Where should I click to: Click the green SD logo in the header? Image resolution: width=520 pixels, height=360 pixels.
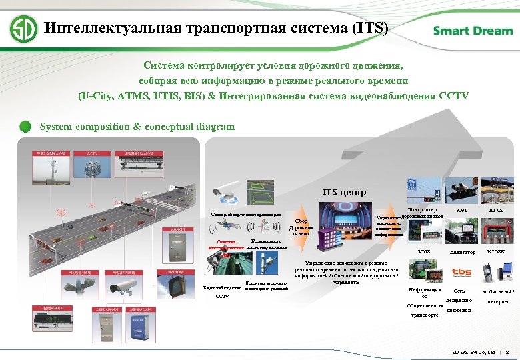pyautogui.click(x=24, y=29)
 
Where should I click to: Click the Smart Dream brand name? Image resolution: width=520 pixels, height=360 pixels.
pyautogui.click(x=473, y=31)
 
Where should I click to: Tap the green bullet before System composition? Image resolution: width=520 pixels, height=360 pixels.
pyautogui.click(x=25, y=126)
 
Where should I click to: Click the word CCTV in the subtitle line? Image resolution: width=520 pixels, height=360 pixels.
pyautogui.click(x=454, y=95)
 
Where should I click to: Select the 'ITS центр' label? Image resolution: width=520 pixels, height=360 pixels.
pyautogui.click(x=344, y=192)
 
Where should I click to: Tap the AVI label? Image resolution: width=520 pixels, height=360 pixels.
pyautogui.click(x=461, y=209)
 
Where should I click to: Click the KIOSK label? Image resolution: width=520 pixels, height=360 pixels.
pyautogui.click(x=497, y=252)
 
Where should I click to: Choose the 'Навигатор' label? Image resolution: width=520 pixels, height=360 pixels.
pyautogui.click(x=462, y=252)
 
